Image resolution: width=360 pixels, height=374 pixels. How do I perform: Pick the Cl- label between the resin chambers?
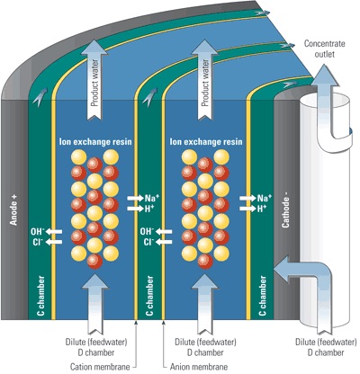point(147,241)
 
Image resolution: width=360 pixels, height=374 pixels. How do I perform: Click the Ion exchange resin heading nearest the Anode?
point(88,140)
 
